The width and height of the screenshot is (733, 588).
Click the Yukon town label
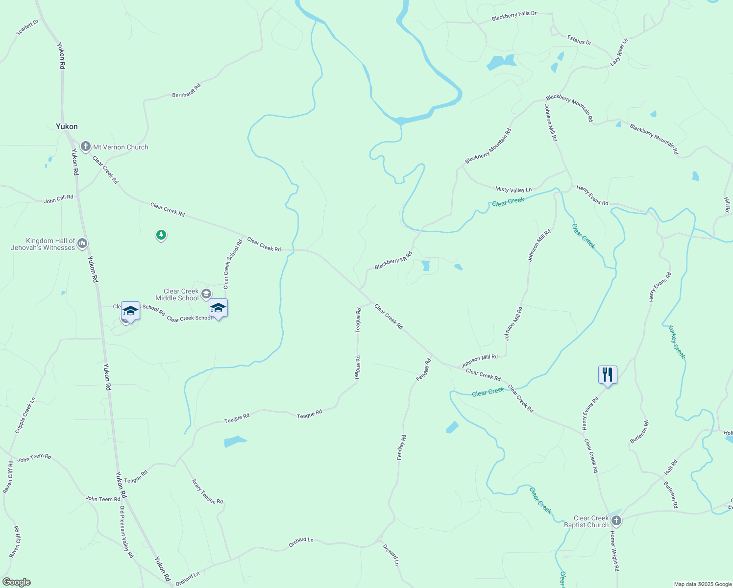tap(67, 126)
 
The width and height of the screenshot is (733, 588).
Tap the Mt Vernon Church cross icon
tap(86, 147)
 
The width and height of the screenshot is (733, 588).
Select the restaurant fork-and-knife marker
tap(608, 375)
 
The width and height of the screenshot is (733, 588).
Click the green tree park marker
tap(161, 235)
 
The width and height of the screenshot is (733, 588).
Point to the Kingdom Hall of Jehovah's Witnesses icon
tap(82, 243)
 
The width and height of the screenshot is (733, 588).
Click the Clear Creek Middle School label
tap(177, 294)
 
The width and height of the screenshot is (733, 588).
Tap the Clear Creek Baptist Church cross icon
tap(616, 521)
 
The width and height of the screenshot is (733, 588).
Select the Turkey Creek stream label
tap(677, 342)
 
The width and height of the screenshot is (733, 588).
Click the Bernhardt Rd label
tap(187, 91)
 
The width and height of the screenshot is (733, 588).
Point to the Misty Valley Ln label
tap(513, 190)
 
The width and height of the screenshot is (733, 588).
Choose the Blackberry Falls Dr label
tap(514, 16)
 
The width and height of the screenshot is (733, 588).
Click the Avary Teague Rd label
tap(207, 491)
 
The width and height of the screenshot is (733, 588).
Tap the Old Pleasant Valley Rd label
tap(126, 532)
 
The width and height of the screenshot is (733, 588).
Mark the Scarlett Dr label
tap(27, 28)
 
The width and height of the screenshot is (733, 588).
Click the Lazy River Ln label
tap(619, 52)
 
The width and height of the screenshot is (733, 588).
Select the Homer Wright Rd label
tap(614, 551)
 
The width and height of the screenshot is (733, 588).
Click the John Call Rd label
tap(58, 199)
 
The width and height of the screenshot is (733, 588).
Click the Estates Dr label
tap(579, 40)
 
